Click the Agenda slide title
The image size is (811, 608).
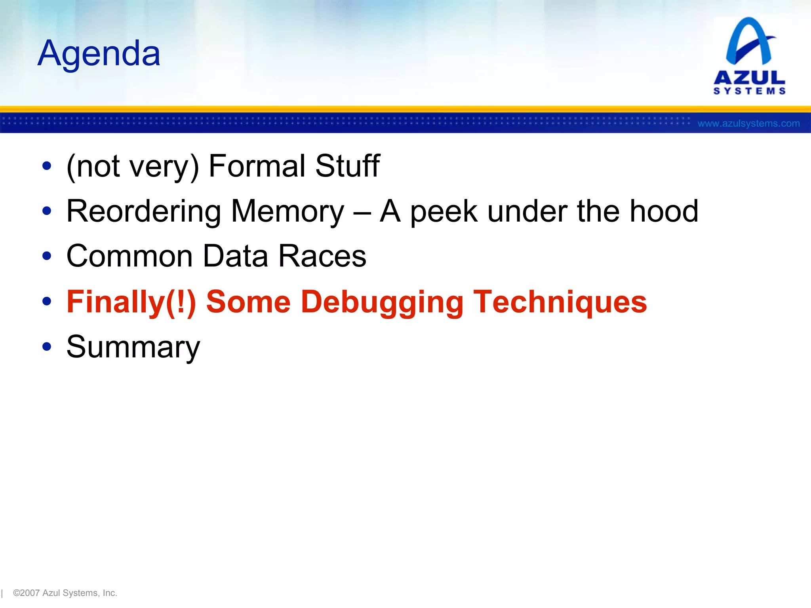tap(99, 53)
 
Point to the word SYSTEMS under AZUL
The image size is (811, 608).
tap(749, 91)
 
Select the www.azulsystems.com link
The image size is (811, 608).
tap(748, 123)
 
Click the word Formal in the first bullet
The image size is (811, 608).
tap(257, 166)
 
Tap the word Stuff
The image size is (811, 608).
tap(347, 166)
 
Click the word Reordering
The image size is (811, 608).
tap(143, 211)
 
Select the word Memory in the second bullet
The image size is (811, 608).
tap(287, 211)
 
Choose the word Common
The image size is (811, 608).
tap(129, 256)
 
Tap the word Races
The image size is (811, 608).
tap(322, 256)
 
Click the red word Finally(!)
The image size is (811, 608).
tap(131, 302)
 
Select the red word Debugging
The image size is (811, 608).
tap(382, 302)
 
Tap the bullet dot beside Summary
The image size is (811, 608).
tap(47, 347)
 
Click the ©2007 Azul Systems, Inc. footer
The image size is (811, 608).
tap(65, 593)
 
